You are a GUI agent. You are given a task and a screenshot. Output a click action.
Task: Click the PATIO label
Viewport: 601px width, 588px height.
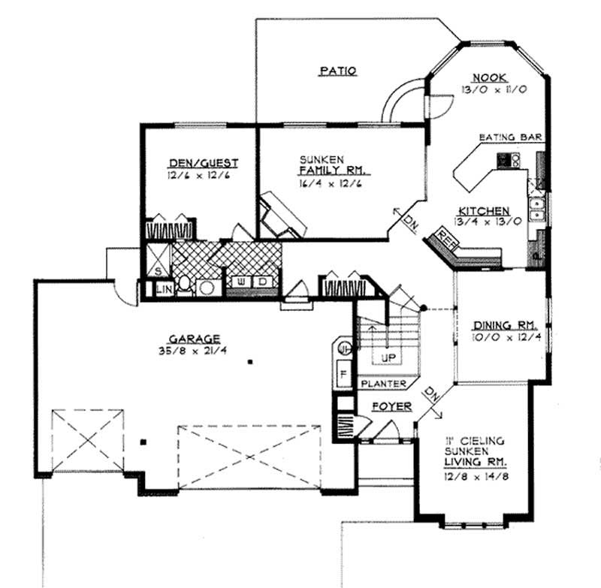(337, 71)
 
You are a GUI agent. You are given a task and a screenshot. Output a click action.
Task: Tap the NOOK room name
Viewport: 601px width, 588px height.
(489, 77)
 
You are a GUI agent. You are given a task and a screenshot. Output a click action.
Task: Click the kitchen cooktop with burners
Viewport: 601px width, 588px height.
(505, 159)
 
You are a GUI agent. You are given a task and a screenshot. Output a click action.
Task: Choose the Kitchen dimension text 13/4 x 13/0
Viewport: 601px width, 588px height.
(482, 222)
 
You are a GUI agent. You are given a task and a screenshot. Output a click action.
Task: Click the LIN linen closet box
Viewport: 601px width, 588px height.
(164, 288)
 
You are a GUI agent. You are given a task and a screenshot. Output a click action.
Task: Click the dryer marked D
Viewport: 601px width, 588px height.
(264, 282)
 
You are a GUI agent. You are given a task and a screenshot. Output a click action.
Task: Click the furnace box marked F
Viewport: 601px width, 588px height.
(342, 372)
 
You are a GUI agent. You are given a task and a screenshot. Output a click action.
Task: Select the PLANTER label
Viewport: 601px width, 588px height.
(383, 384)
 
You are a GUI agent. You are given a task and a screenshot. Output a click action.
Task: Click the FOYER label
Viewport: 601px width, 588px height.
(391, 406)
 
